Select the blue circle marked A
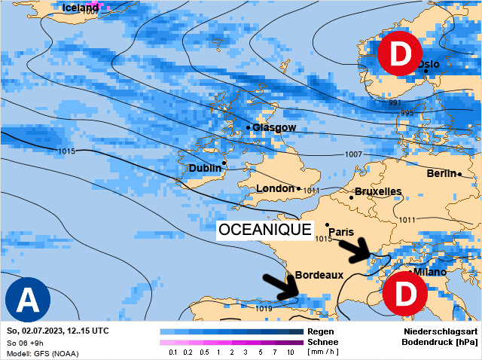[28, 300]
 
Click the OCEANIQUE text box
[264, 230]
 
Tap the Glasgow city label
[274, 128]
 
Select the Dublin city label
[204, 168]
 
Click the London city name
[276, 188]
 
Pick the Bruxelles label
[377, 191]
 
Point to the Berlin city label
[441, 174]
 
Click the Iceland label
[80, 8]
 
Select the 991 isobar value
[395, 102]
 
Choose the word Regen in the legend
[321, 331]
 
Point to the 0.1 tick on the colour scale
[172, 352]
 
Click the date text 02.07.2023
[46, 331]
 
